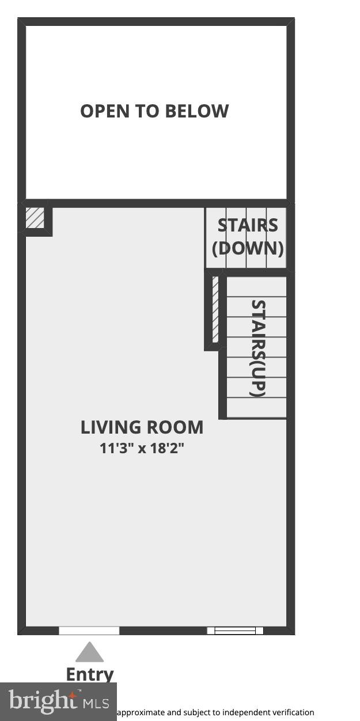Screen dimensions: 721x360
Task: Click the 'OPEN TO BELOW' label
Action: coord(154,111)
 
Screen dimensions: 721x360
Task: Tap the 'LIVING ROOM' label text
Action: coord(142,427)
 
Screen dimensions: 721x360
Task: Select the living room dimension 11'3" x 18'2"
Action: coord(142,447)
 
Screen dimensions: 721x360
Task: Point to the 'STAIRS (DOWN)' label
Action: coord(248,237)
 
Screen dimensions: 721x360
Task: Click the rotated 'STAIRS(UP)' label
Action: coord(258,348)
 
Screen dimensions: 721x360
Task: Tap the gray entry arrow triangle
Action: coord(90,652)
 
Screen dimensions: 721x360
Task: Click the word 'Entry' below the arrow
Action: coord(90,674)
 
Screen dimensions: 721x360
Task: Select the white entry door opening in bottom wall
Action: coord(89,631)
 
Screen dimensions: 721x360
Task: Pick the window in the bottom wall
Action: coord(235,631)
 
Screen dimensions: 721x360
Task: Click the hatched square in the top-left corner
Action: coord(35,218)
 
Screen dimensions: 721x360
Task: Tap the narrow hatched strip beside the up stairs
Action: coord(215,309)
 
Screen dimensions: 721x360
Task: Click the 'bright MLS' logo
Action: coord(58,701)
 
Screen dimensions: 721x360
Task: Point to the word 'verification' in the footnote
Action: coord(293,712)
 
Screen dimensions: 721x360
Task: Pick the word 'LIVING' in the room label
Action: coord(111,427)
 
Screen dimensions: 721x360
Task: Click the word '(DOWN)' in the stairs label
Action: coord(248,248)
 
